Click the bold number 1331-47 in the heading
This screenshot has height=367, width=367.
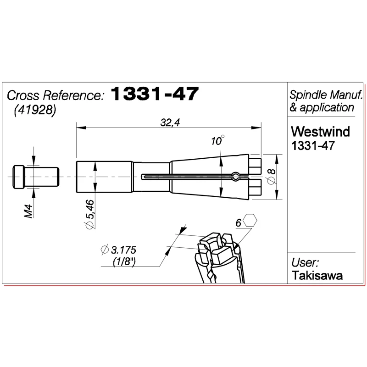(x=155, y=95)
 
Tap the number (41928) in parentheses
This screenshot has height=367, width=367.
(x=35, y=111)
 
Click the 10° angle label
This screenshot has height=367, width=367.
(x=218, y=141)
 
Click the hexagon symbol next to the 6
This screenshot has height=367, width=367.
(x=250, y=221)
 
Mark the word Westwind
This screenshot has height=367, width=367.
(x=321, y=133)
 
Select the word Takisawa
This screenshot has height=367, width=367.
(x=317, y=275)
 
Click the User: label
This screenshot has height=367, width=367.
(x=305, y=263)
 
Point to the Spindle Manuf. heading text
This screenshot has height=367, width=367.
(x=326, y=95)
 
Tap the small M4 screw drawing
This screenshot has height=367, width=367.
(x=36, y=177)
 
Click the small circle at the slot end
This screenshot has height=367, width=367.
(x=235, y=176)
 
